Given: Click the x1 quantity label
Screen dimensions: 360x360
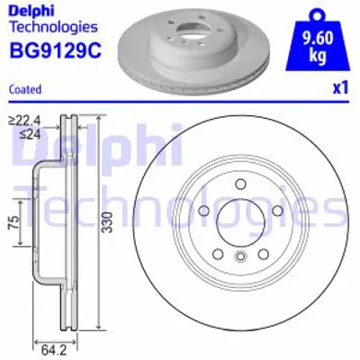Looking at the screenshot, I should coord(339,88).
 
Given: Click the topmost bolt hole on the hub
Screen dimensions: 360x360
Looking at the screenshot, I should coord(238,186).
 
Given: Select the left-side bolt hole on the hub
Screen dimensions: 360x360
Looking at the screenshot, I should coord(203,212).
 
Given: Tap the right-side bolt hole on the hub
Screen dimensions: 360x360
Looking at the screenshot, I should coord(274,212).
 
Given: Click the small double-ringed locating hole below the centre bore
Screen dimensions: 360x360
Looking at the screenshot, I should coord(238,260).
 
